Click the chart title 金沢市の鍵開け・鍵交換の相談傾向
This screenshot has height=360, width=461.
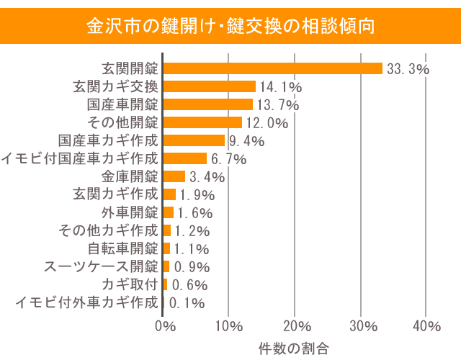[x=230, y=27]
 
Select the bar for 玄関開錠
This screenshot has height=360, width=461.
[x=273, y=68]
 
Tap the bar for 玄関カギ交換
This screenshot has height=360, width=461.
[x=210, y=86]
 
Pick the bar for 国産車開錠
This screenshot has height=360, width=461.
[x=208, y=104]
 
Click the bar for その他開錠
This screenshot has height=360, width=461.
[x=203, y=122]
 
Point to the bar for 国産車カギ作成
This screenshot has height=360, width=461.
[x=194, y=140]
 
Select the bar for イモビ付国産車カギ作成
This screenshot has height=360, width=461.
[x=185, y=158]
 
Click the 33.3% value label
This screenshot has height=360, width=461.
[x=408, y=69]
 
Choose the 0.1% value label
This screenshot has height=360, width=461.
[x=186, y=303]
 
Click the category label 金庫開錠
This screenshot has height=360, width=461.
[x=130, y=176]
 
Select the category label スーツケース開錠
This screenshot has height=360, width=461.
[x=101, y=266]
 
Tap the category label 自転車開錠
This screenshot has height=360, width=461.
[x=122, y=248]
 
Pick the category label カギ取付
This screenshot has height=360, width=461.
[x=130, y=284]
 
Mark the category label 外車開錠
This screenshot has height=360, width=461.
[x=130, y=212]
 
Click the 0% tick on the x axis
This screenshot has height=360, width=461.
[x=165, y=326]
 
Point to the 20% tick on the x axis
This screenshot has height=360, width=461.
[x=295, y=326]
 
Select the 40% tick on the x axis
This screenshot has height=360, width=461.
[x=426, y=326]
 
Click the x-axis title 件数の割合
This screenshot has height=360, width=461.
[x=294, y=348]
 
